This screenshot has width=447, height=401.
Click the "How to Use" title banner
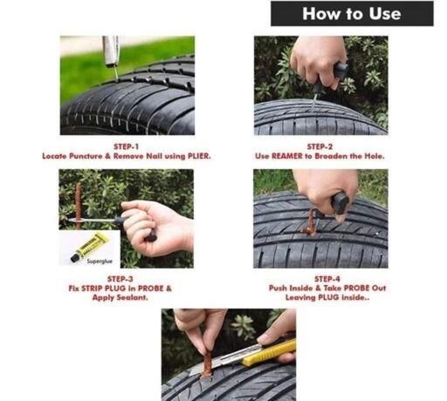[x=352, y=14]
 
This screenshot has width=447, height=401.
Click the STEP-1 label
[x=126, y=146]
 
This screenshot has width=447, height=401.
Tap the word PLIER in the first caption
[x=199, y=156]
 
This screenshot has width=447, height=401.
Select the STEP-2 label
[x=320, y=146]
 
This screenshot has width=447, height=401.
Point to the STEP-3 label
[x=120, y=279]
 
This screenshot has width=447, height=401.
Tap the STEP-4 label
[x=327, y=279]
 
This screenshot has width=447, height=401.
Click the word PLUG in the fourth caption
[x=328, y=297]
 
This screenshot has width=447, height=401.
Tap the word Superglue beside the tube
[x=100, y=262]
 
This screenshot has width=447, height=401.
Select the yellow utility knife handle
[x=269, y=352]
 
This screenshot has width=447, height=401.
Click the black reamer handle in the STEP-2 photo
[x=340, y=71]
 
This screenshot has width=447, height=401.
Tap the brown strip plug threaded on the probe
[x=78, y=205]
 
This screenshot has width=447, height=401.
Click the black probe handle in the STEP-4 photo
[x=340, y=203]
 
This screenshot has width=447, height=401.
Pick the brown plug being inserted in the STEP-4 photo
[x=311, y=223]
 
